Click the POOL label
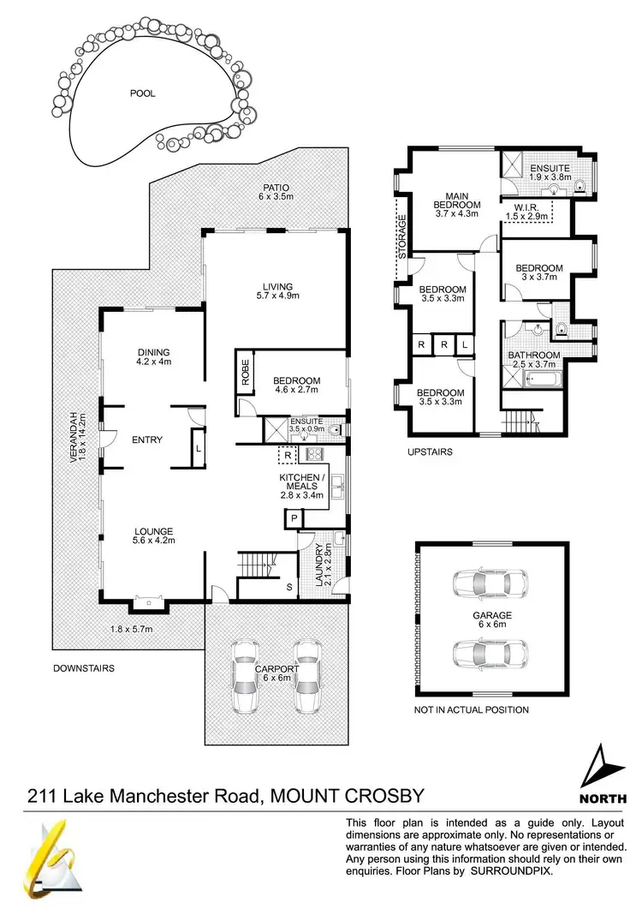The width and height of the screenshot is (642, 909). [143, 93]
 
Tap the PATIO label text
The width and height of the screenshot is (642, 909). [276, 188]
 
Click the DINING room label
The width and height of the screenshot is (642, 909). [154, 351]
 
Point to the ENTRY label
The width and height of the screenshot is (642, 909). [147, 440]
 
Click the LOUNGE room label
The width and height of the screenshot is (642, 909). [153, 531]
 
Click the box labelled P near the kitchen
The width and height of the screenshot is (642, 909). [293, 518]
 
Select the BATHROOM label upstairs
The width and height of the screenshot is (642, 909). [534, 355]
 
